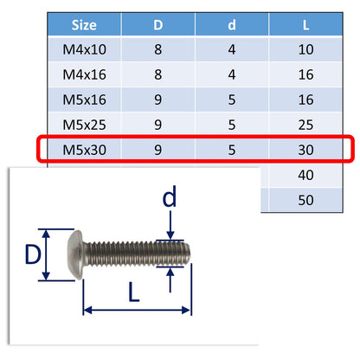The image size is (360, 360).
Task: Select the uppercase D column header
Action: point(158,25)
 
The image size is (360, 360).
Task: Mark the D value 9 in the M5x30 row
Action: point(158,151)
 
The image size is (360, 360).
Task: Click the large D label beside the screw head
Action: point(32,254)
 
